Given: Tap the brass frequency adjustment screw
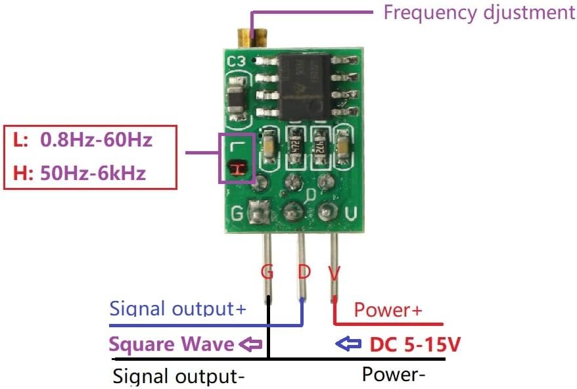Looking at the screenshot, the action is (x=252, y=38).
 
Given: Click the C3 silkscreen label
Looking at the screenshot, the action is (x=236, y=61).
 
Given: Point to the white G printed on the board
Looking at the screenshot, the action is (x=237, y=213).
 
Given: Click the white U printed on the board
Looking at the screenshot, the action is (x=351, y=214).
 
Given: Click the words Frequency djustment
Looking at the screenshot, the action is (x=479, y=13).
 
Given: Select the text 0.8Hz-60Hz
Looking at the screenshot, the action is (x=96, y=140).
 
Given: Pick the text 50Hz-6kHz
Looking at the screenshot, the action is (x=93, y=173).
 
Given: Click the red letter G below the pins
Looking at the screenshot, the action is (x=267, y=272).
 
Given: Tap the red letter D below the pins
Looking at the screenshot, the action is (x=304, y=272).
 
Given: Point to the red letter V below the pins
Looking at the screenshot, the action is (x=335, y=273).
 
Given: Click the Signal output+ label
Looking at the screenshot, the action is (x=177, y=308).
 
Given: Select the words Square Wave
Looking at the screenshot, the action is (x=172, y=344).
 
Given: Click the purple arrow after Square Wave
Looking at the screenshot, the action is (x=250, y=344).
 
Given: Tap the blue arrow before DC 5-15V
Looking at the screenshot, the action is (x=348, y=344).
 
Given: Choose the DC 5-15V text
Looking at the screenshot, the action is (x=415, y=345).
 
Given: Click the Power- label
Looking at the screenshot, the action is (x=394, y=375).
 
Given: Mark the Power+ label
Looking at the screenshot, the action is (x=388, y=310).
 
